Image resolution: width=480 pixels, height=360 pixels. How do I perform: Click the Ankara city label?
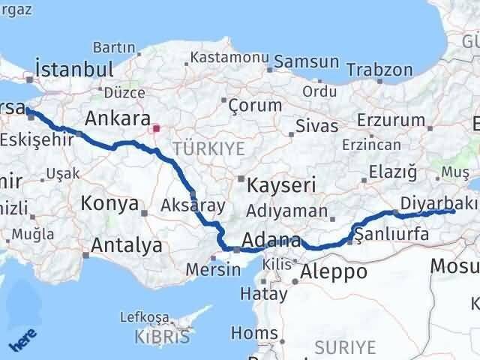click(116, 118)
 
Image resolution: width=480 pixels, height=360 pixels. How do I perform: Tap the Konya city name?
click(112, 203)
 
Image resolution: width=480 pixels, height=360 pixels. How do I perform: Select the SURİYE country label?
click(344, 346)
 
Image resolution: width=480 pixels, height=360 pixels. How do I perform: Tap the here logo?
click(20, 340)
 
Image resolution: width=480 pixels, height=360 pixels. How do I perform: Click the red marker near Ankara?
click(156, 127)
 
